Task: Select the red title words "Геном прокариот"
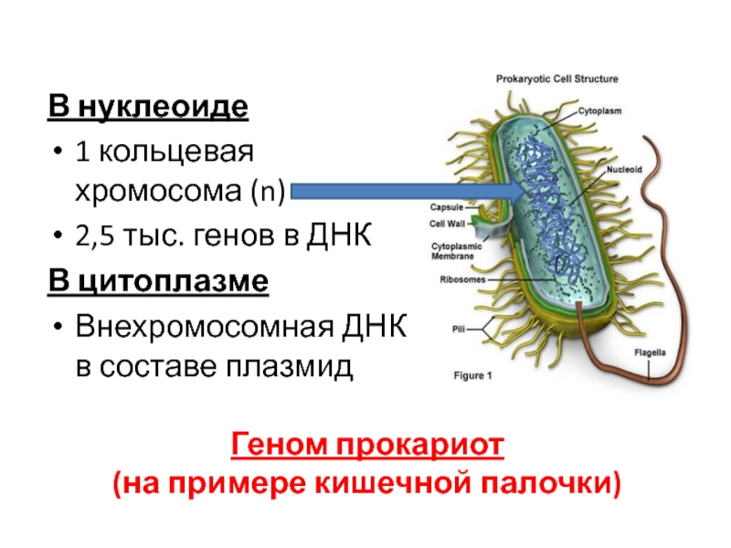click(367, 447)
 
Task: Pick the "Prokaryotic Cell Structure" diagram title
click(556, 79)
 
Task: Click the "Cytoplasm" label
click(599, 111)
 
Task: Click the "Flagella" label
click(650, 353)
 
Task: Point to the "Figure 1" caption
click(473, 375)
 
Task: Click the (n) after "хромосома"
click(270, 193)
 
